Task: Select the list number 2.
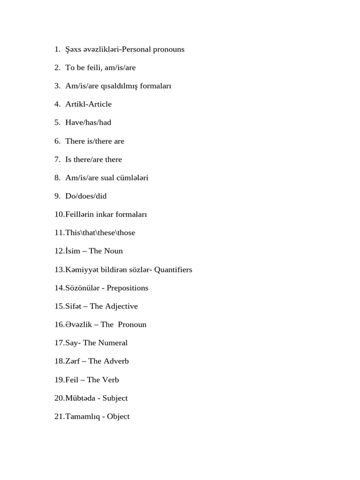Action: point(57,67)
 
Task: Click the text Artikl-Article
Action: point(88,104)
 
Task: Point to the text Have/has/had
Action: point(88,122)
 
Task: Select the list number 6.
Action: point(57,141)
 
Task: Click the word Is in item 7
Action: point(69,159)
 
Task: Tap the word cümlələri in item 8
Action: point(133,178)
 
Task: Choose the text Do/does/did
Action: point(86,196)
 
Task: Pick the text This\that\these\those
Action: point(100,232)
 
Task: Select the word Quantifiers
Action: point(173,270)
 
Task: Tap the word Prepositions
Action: point(127,288)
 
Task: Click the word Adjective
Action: point(120,306)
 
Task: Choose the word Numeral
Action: point(112,343)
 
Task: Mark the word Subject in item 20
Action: point(115,398)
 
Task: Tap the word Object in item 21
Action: point(118,416)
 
